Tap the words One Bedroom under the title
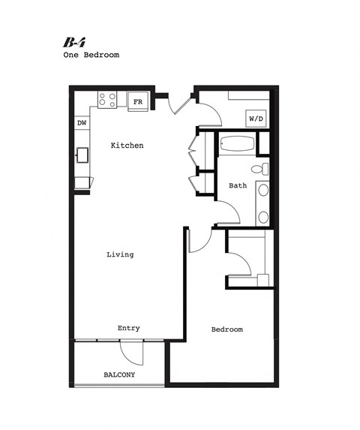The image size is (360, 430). tap(91, 55)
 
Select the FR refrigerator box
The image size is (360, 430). tap(138, 101)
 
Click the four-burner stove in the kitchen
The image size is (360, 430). tap(107, 99)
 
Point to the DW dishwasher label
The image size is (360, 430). tap(81, 123)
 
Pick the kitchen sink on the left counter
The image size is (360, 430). tap(82, 155)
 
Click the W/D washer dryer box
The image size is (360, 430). tap(255, 119)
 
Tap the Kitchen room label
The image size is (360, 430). tap(127, 145)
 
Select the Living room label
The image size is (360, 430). tap(120, 254)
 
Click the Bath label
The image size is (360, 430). tap(238, 185)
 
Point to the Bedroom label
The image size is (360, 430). tap(226, 329)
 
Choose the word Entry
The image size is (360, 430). tap(128, 328)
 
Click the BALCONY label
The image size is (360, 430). tap(119, 374)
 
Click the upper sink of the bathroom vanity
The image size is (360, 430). tap(263, 191)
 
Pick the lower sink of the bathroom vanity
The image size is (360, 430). tap(263, 216)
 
